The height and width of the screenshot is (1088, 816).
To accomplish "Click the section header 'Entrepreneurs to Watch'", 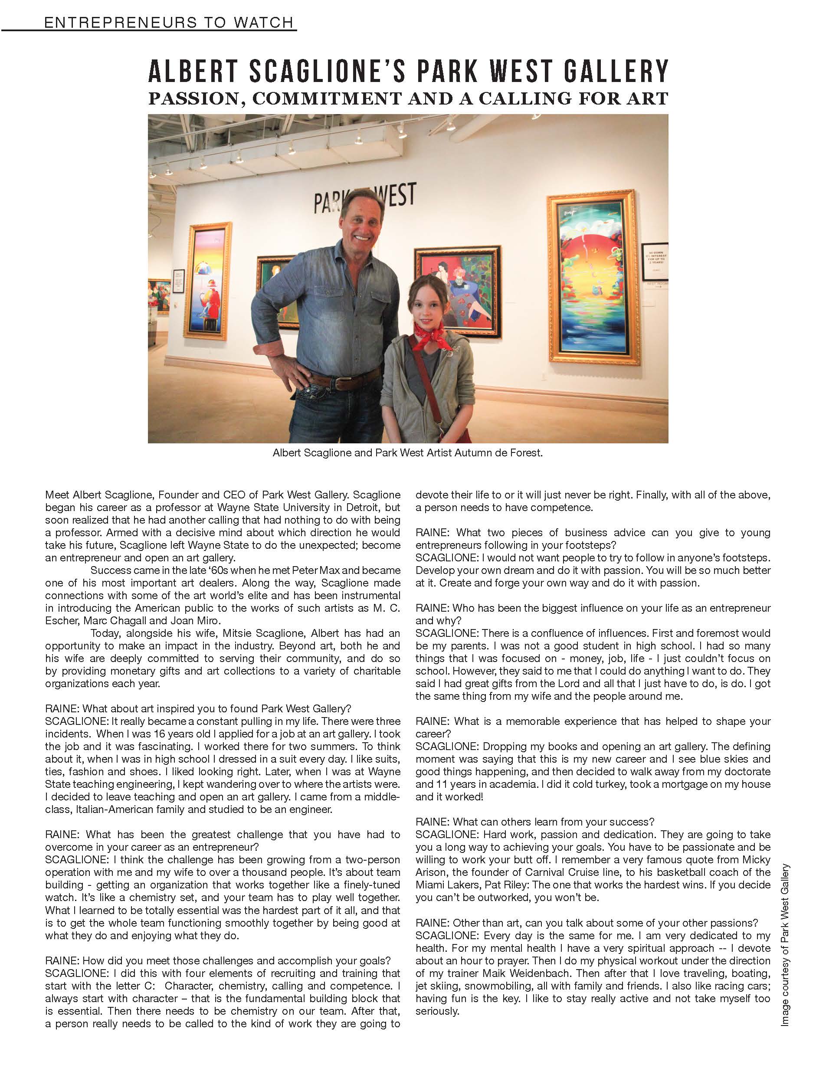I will tap(168, 23).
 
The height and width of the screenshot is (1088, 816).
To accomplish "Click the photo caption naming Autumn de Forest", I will tap(407, 452).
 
